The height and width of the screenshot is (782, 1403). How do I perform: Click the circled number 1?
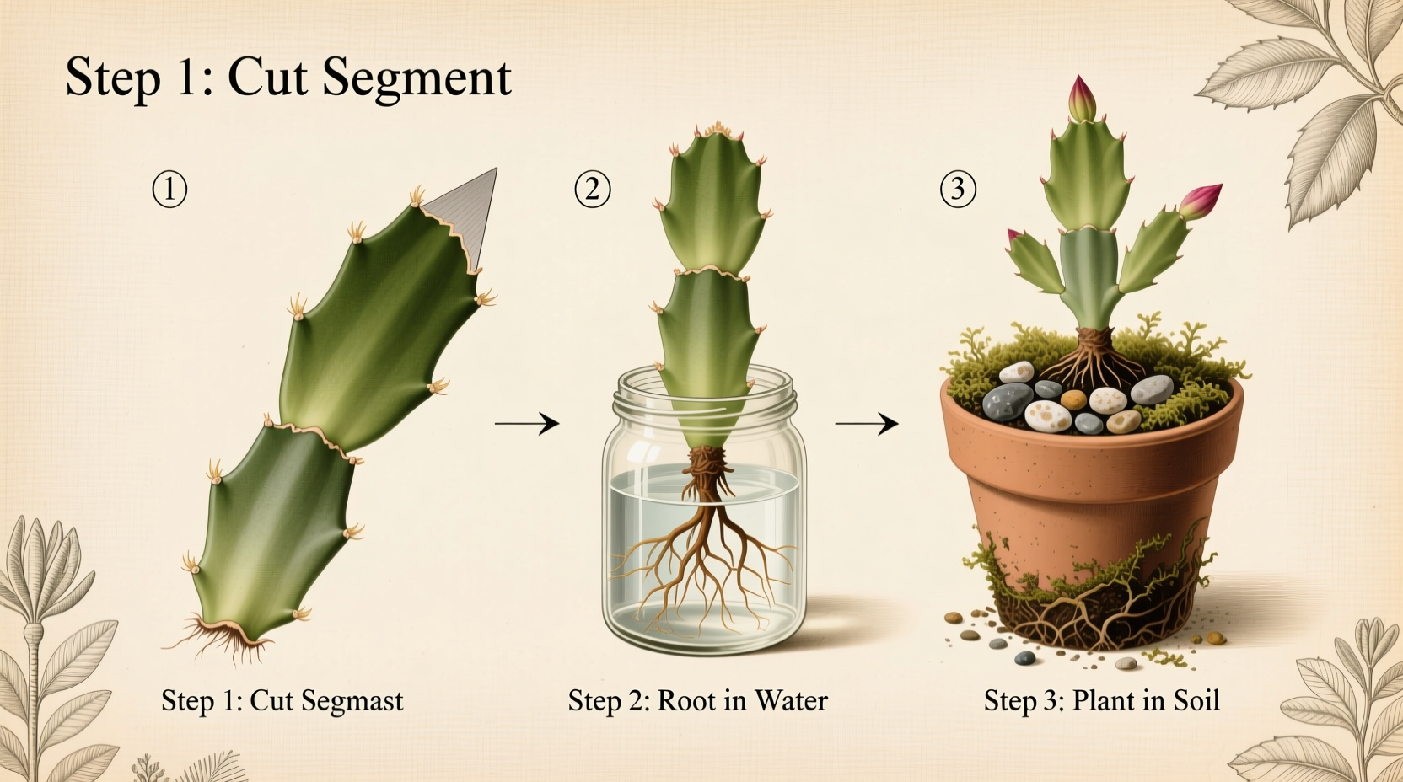tap(169, 190)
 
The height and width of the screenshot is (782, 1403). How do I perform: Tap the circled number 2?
tap(593, 190)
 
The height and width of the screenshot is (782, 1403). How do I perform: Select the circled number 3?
tap(958, 190)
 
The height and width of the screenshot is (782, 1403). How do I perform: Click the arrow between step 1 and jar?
tap(527, 423)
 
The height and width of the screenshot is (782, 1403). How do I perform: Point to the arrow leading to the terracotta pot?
tap(867, 423)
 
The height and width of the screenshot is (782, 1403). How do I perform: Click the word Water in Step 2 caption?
tap(791, 701)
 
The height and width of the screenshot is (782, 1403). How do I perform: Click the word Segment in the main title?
tap(417, 78)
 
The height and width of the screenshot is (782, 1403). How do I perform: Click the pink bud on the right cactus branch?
tap(1201, 201)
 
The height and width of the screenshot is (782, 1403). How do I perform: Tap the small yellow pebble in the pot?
tap(1072, 399)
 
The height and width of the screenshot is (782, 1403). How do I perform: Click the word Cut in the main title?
tap(268, 78)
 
